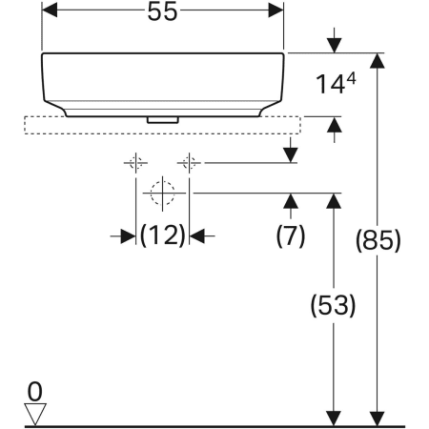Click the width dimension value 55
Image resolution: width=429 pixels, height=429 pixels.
click(162, 12)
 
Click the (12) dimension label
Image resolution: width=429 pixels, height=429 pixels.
click(162, 235)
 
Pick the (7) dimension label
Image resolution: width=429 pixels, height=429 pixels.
click(289, 235)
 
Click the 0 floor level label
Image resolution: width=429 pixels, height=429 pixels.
click(35, 390)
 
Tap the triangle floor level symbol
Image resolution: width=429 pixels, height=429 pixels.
click(36, 411)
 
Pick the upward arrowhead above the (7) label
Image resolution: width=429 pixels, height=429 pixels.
click(289, 199)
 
